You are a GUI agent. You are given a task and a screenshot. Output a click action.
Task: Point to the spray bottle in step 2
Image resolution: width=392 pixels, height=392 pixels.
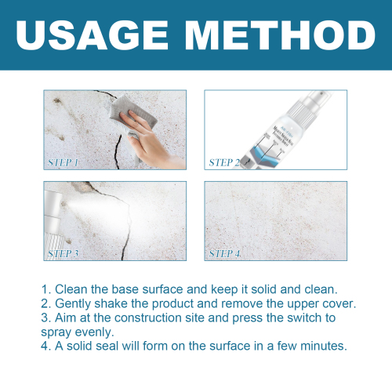pyautogui.click(x=283, y=129)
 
